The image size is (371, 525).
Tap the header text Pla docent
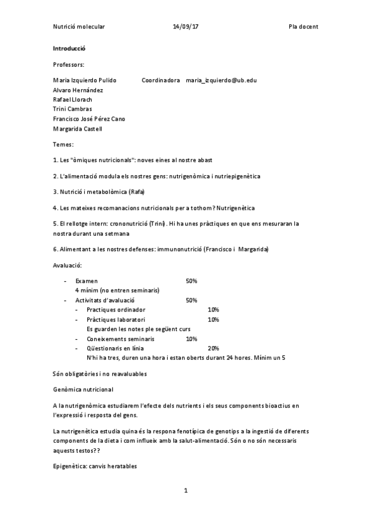pyautogui.click(x=303, y=27)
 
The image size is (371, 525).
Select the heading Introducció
pyautogui.click(x=69, y=48)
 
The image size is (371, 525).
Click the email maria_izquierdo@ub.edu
pyautogui.click(x=221, y=80)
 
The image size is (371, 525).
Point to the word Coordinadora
pyautogui.click(x=160, y=80)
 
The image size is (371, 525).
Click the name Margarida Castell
pyautogui.click(x=77, y=129)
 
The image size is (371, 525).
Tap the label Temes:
pyautogui.click(x=63, y=144)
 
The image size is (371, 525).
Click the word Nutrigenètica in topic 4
pyautogui.click(x=235, y=207)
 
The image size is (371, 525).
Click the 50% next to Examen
pyautogui.click(x=191, y=281)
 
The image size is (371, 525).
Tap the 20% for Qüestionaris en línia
pyautogui.click(x=214, y=349)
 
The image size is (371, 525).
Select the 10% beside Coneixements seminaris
pyautogui.click(x=191, y=339)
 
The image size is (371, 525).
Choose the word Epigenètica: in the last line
pyautogui.click(x=69, y=461)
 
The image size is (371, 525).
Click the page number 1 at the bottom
pyautogui.click(x=185, y=491)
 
